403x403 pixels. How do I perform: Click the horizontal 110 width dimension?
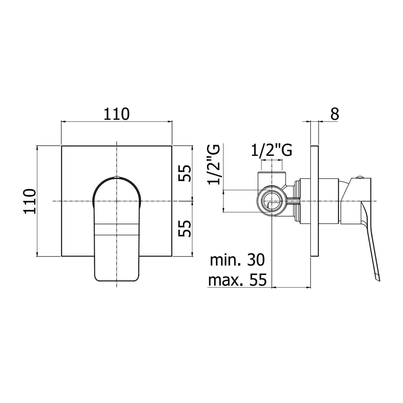pyautogui.click(x=117, y=114)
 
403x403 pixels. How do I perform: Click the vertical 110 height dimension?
pyautogui.click(x=30, y=201)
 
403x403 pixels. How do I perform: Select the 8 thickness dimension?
pyautogui.click(x=335, y=114)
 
